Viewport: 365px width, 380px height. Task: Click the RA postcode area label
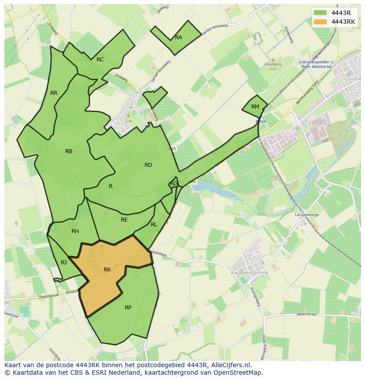[179, 38]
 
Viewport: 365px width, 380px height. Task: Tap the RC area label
[100, 60]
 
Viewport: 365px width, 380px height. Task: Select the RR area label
[54, 93]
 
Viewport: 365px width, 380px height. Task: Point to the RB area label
[69, 151]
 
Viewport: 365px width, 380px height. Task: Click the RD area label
[148, 165]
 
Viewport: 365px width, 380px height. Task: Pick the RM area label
[255, 107]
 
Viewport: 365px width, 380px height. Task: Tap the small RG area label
[174, 184]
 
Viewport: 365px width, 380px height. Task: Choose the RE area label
[124, 220]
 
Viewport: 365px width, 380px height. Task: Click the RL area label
[154, 225]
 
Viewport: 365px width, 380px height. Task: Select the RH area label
[75, 231]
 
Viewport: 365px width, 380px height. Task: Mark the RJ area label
[64, 263]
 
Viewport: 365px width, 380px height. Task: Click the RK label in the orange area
[107, 270]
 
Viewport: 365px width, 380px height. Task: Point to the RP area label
[128, 308]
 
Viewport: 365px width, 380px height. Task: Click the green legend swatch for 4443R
[320, 13]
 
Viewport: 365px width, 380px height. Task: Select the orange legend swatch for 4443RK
[320, 22]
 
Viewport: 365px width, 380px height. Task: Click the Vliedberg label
[272, 64]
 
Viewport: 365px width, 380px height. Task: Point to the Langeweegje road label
[307, 214]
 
